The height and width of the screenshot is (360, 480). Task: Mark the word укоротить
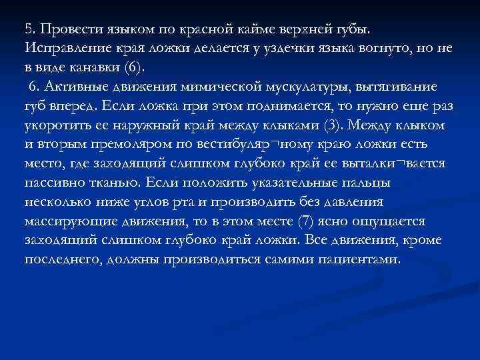click(54, 125)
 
